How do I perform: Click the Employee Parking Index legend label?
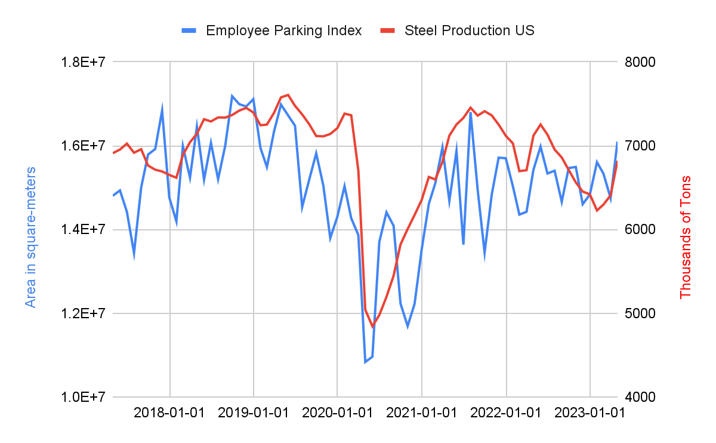283,30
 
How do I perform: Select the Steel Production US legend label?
469,30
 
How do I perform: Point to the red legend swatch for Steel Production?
388,30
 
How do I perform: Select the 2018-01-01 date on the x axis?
170,413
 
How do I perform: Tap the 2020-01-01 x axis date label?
338,413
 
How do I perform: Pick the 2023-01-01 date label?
590,413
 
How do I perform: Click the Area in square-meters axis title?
30,237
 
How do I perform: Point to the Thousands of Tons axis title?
686,237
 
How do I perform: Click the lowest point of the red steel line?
372,327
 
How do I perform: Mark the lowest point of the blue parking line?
365,362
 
